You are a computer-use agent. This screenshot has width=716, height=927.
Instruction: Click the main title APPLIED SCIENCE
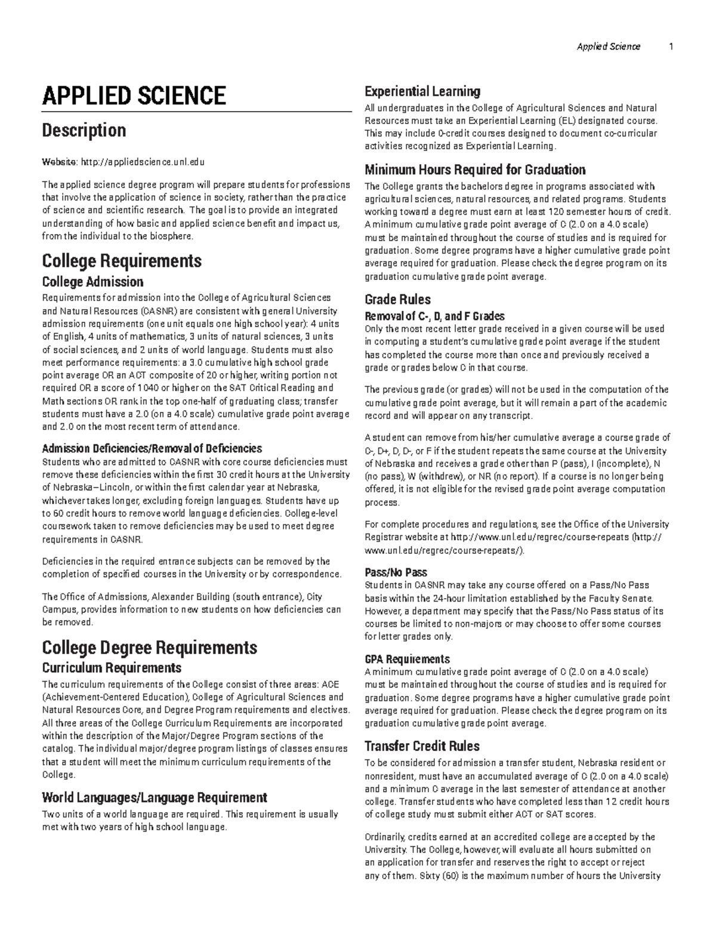point(134,96)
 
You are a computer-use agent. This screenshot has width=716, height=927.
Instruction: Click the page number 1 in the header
point(671,47)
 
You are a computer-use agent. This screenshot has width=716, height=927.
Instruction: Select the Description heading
point(84,130)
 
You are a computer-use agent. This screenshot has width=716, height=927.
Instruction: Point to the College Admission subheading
point(92,282)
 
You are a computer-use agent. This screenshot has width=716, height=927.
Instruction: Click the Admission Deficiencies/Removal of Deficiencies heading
point(152,448)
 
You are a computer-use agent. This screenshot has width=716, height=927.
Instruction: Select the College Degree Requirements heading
point(149,648)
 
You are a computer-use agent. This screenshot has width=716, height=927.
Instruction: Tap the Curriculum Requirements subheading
point(112,667)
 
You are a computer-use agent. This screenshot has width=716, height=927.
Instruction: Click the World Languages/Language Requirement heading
point(154,797)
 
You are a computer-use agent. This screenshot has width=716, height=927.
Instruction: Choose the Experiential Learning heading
point(422,91)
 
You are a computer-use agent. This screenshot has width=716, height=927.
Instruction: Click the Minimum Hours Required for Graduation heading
point(474,170)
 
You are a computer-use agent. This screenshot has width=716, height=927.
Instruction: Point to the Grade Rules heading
point(397,300)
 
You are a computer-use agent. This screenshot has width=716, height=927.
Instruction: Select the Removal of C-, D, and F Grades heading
point(434,316)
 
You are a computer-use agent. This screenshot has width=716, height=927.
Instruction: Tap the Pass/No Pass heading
point(396,572)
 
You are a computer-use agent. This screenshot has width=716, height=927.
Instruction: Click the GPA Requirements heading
point(407,659)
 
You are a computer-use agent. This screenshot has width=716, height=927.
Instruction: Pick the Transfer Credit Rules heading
point(422,746)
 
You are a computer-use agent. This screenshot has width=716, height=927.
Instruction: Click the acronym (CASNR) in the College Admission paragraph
point(160,311)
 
